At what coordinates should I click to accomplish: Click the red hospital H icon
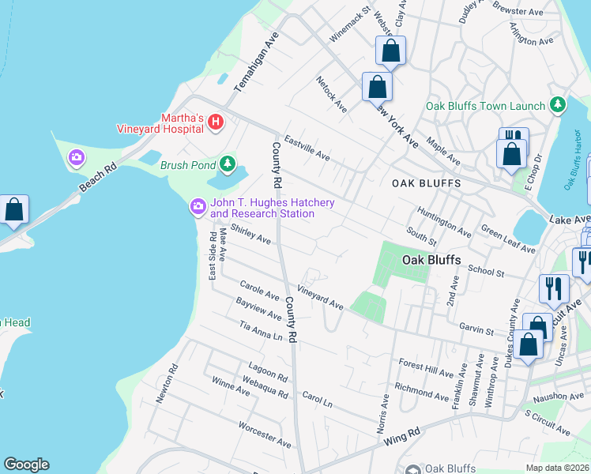[x=216, y=122]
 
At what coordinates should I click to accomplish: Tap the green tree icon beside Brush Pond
[x=228, y=164]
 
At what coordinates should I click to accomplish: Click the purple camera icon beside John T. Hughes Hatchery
[x=198, y=207]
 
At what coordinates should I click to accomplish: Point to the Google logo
[x=26, y=465]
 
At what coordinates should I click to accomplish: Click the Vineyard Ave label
[x=320, y=298]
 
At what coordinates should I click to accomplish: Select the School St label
[x=486, y=271]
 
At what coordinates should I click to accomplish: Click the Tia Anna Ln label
[x=260, y=331]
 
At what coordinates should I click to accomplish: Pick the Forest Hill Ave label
[x=427, y=368]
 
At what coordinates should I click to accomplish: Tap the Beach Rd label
[x=98, y=179]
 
